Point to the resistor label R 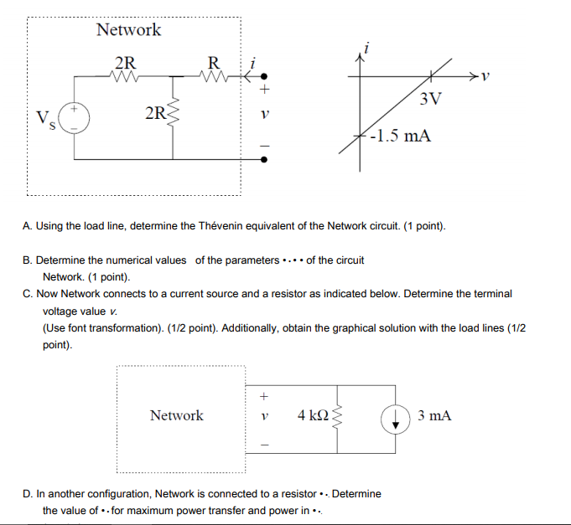[214, 62]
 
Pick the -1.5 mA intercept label [400, 136]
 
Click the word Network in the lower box [176, 415]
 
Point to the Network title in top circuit [128, 30]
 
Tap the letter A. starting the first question [29, 227]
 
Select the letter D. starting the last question [29, 494]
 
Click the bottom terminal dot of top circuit [264, 159]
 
